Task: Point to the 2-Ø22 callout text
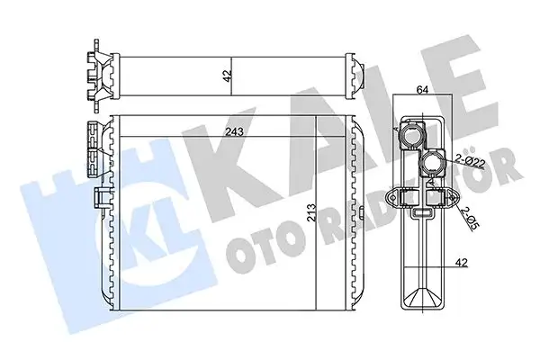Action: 472,161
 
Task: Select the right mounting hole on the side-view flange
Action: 453,197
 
